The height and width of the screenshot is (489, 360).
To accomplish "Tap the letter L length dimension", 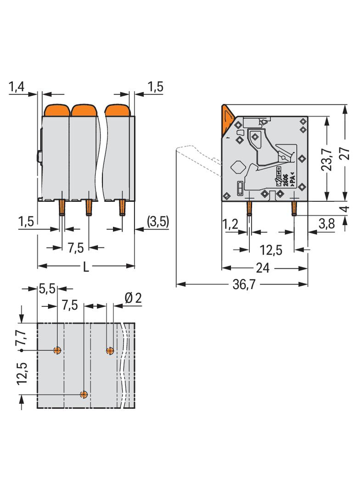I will pos(86,267).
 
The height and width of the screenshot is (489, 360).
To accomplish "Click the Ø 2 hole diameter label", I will pos(133,298).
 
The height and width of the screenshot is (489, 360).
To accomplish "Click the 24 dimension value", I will pos(263,268).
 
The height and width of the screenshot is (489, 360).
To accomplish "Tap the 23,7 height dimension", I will pos(327,159).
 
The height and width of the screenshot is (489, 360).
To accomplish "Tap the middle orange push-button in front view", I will pos(83,111).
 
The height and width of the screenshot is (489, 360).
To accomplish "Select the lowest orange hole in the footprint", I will pos(84,395).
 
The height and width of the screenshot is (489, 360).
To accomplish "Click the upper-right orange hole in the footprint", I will pos(110,351).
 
